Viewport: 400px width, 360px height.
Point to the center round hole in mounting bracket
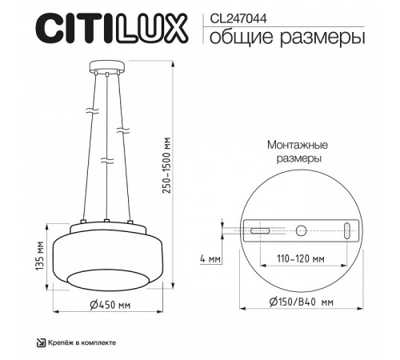pos(301,231)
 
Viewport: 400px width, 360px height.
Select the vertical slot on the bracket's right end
pos(346,231)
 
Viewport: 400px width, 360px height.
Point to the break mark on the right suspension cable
pos(121,129)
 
